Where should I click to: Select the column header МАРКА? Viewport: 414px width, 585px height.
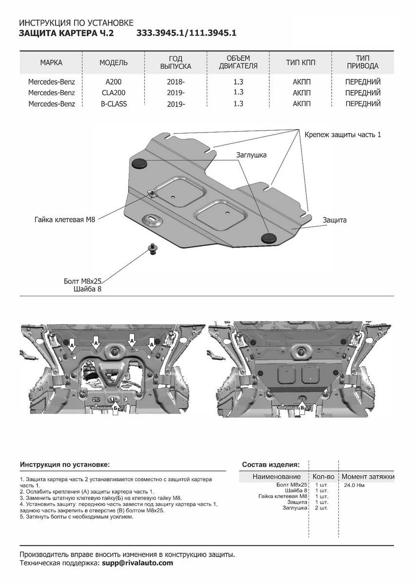pos(51,63)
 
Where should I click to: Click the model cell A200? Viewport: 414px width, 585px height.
pos(113,82)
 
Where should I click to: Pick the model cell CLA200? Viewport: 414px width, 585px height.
pos(113,93)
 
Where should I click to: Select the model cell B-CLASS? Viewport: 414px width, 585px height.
pos(113,103)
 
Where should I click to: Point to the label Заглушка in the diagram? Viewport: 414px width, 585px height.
pos(251,155)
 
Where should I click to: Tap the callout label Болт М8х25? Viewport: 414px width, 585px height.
pos(83,281)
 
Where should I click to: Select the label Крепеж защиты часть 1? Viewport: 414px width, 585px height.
pos(343,134)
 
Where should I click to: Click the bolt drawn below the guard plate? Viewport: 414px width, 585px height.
pos(152,250)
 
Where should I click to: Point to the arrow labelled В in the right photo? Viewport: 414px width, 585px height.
pos(302,407)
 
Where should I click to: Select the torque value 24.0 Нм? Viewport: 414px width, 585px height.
pos(355,486)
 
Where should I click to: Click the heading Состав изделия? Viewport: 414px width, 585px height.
pos(271,465)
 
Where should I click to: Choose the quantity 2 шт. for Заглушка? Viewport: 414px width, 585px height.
pos(321,507)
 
